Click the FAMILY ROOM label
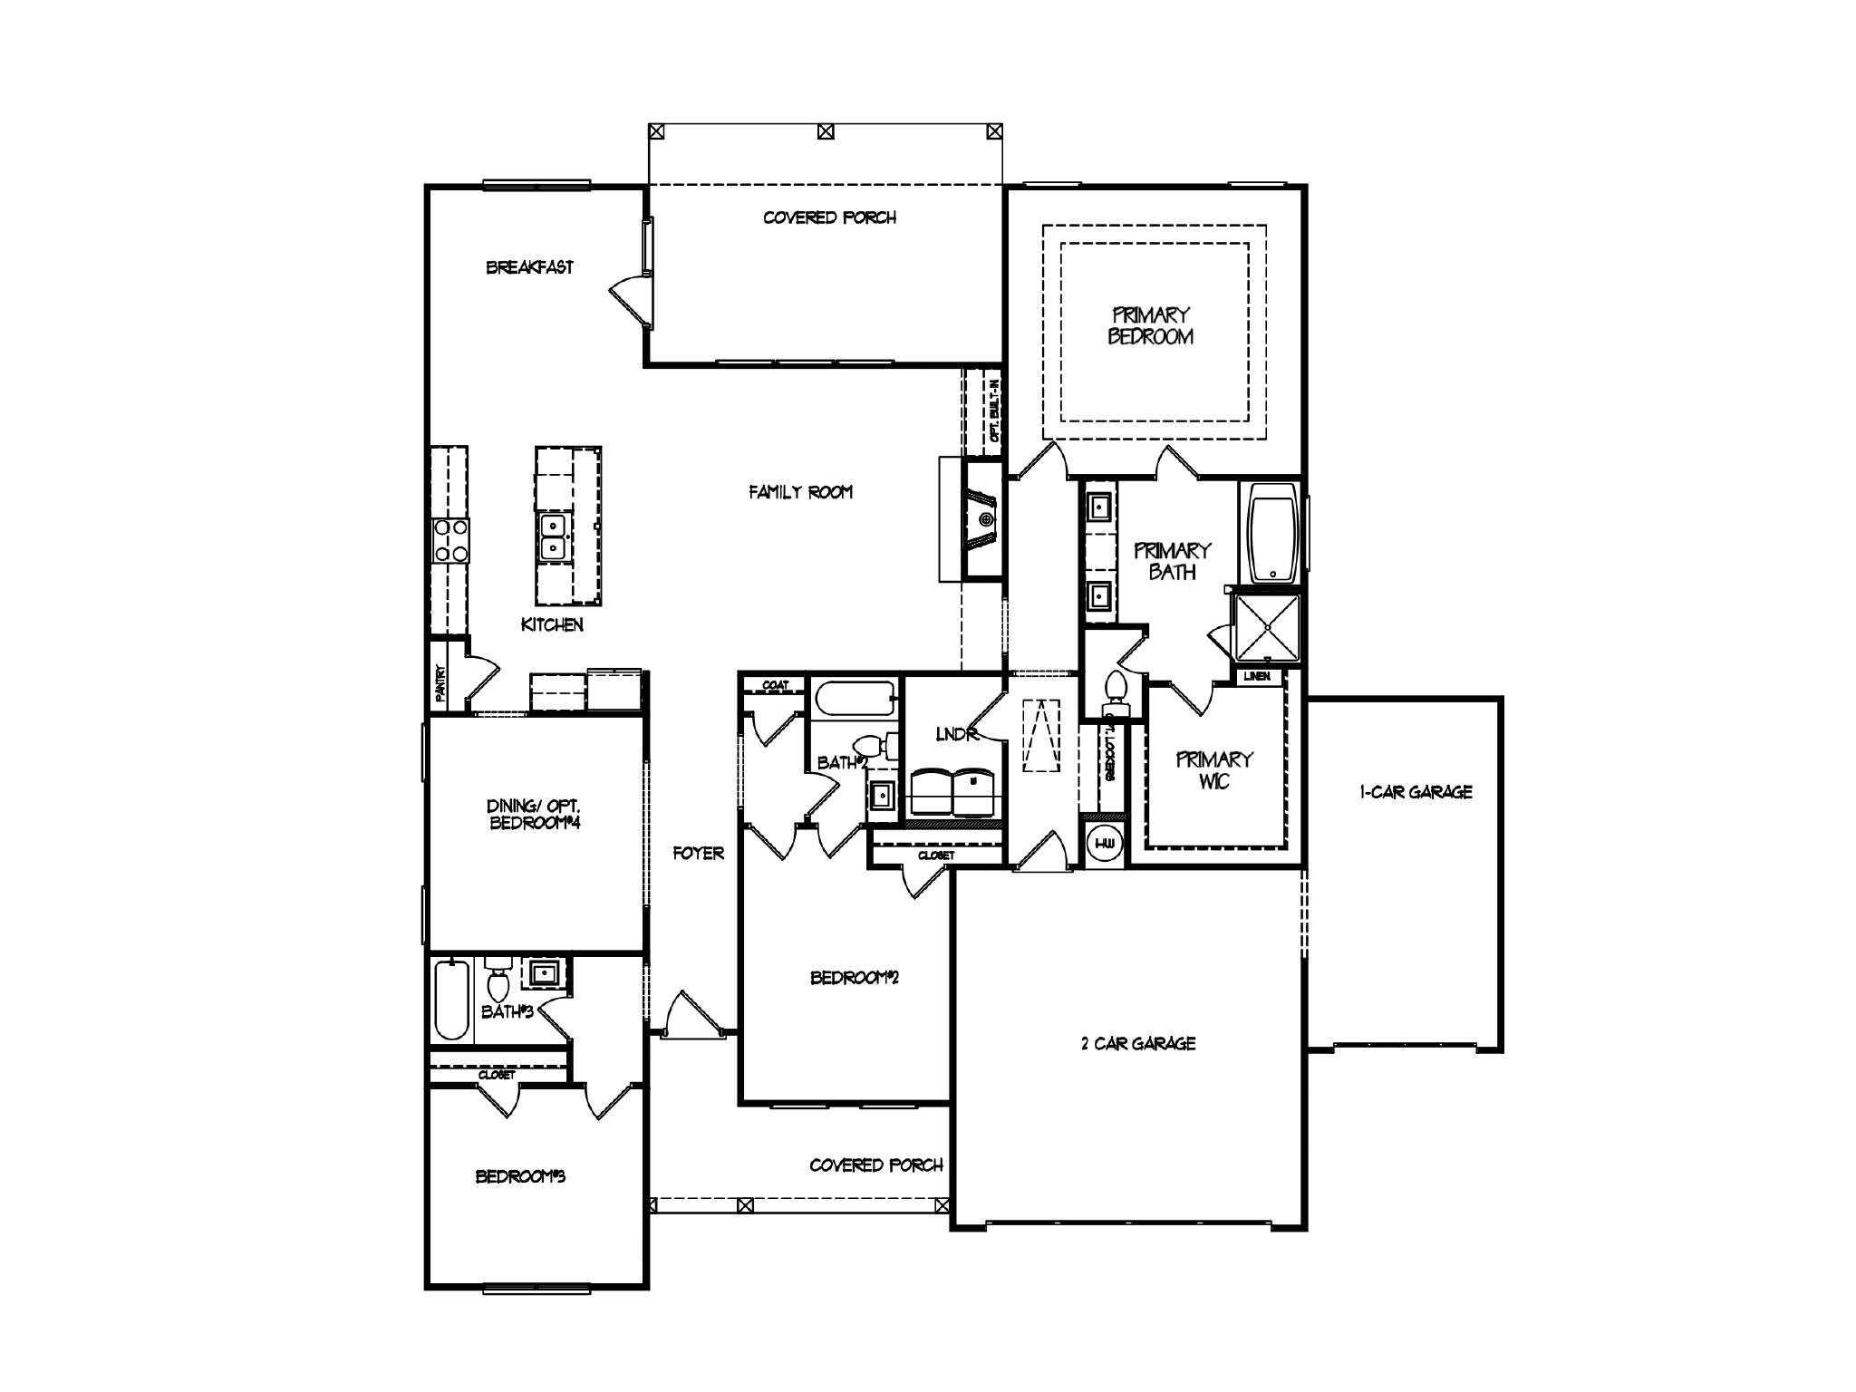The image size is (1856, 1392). click(x=800, y=492)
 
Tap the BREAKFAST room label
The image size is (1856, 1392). click(x=529, y=267)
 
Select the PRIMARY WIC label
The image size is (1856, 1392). click(x=1214, y=770)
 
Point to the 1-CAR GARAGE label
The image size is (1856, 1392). click(x=1416, y=792)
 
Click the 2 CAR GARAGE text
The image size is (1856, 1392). click(x=1138, y=1043)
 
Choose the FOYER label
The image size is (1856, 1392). click(x=698, y=853)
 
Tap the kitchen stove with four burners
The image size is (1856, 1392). click(x=450, y=540)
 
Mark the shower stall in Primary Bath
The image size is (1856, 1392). click(x=1267, y=627)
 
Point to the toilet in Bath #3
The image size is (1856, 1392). click(x=498, y=981)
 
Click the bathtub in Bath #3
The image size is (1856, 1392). click(x=451, y=1000)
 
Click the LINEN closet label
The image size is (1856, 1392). click(x=1256, y=676)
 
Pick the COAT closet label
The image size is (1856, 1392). click(x=775, y=685)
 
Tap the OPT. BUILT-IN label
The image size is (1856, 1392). click(x=994, y=410)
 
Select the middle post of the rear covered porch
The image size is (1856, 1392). click(x=825, y=131)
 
